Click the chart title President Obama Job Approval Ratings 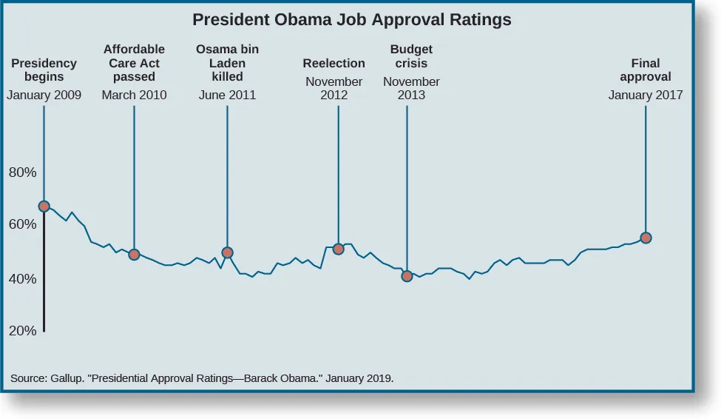point(351,20)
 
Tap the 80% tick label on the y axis point(22,172)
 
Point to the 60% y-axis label point(22,224)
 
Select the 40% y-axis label point(22,279)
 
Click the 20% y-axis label point(22,331)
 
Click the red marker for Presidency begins point(44,207)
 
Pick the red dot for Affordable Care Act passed point(134,255)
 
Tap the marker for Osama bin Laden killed point(227,252)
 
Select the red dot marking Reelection point(338,249)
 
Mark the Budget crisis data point point(407,276)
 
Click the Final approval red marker point(646,238)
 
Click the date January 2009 point(44,95)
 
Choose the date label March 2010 point(134,95)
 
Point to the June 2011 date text point(227,95)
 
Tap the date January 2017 point(646,95)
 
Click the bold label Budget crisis point(411,56)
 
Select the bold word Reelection point(334,63)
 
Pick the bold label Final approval point(646,70)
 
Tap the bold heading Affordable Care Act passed point(134,63)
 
